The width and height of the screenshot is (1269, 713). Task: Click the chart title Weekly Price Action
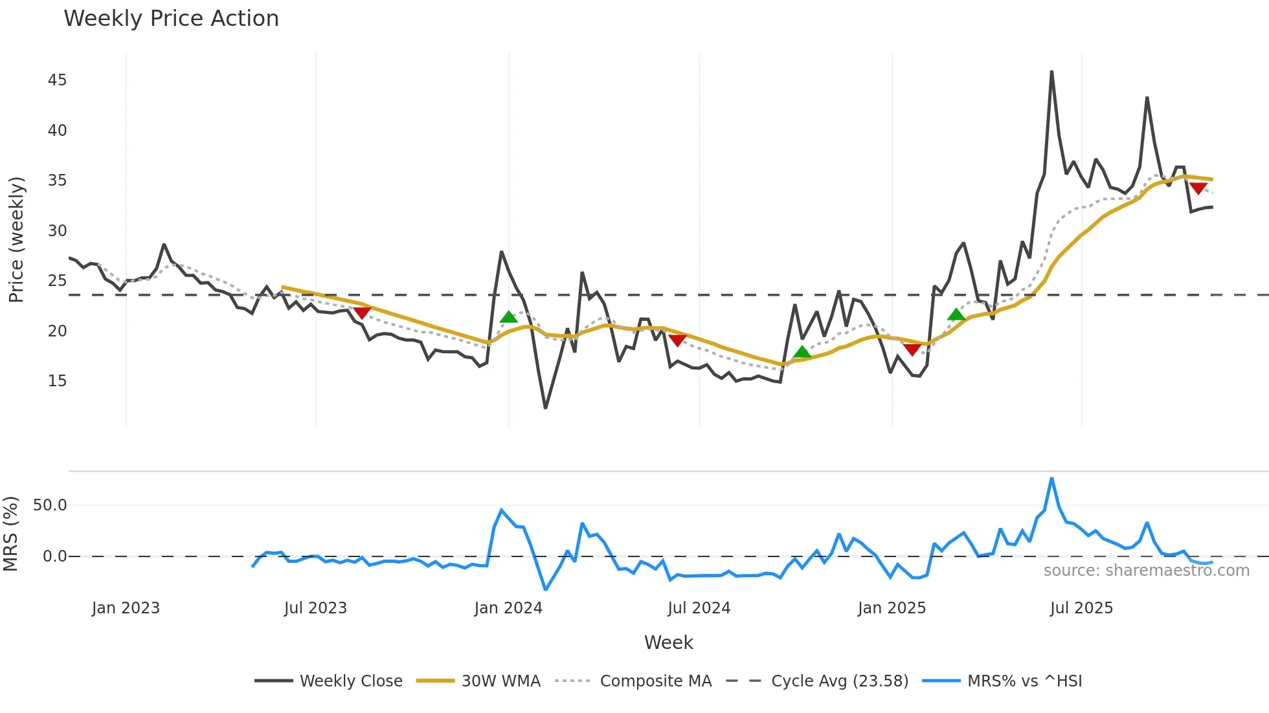[171, 19]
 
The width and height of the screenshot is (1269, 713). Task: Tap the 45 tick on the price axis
[57, 80]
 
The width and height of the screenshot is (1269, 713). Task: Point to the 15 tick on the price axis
[57, 381]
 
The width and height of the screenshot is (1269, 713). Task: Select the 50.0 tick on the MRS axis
[50, 505]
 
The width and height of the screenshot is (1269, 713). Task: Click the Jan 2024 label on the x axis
[508, 608]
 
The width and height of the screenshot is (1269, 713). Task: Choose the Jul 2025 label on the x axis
[1081, 608]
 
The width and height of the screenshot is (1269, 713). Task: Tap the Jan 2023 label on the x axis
[126, 608]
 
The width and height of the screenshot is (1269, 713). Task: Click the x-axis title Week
[668, 642]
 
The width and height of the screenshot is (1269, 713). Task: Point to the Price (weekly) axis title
[16, 239]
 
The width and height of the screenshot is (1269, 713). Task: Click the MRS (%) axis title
[10, 534]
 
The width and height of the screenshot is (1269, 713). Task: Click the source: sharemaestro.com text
[1146, 571]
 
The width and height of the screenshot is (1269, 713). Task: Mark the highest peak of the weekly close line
[1051, 72]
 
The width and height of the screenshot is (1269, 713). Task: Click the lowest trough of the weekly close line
[545, 408]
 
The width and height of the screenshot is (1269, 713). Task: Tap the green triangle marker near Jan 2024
[509, 317]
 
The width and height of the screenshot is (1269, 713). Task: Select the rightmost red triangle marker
[1198, 188]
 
